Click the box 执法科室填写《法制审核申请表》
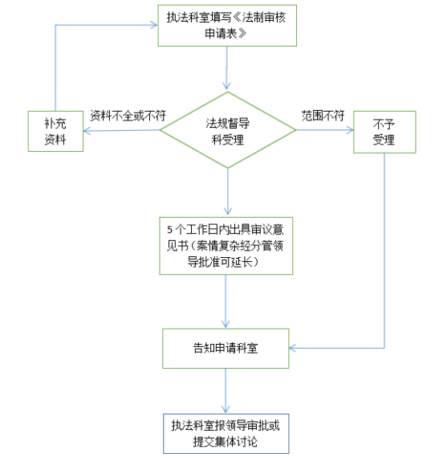pyautogui.click(x=227, y=26)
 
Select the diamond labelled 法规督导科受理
pyautogui.click(x=228, y=130)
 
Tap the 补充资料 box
pyautogui.click(x=55, y=131)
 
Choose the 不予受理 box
pyautogui.click(x=384, y=132)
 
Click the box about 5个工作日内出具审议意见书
pyautogui.click(x=226, y=246)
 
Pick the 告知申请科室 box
pyautogui.click(x=226, y=348)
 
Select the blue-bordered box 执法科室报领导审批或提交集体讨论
pyautogui.click(x=226, y=434)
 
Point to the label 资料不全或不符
pyautogui.click(x=128, y=116)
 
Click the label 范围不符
pyautogui.click(x=323, y=116)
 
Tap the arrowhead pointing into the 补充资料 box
pyautogui.click(x=87, y=131)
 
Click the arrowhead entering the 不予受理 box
pyautogui.click(x=351, y=130)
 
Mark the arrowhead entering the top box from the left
pyautogui.click(x=154, y=25)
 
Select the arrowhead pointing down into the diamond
pyautogui.click(x=227, y=86)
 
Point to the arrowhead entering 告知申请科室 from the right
pyautogui.click(x=293, y=348)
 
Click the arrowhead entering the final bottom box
pyautogui.click(x=226, y=410)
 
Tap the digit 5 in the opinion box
pyautogui.click(x=170, y=230)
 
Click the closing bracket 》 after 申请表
pyautogui.click(x=242, y=33)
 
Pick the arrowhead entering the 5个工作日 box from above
pyautogui.click(x=228, y=211)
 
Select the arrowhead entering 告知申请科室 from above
pyautogui.click(x=226, y=324)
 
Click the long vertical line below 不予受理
pyautogui.click(x=384, y=251)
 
